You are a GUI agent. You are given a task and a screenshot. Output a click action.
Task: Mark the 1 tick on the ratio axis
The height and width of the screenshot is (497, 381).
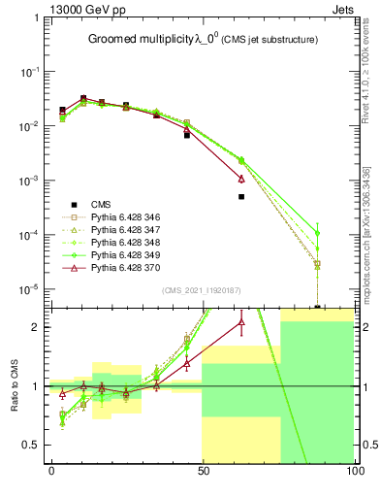click(x=37, y=386)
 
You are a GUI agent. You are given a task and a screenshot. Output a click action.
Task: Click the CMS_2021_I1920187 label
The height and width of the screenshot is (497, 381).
click(x=201, y=289)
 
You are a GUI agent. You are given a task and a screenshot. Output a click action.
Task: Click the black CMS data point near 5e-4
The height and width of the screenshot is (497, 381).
click(x=241, y=196)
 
